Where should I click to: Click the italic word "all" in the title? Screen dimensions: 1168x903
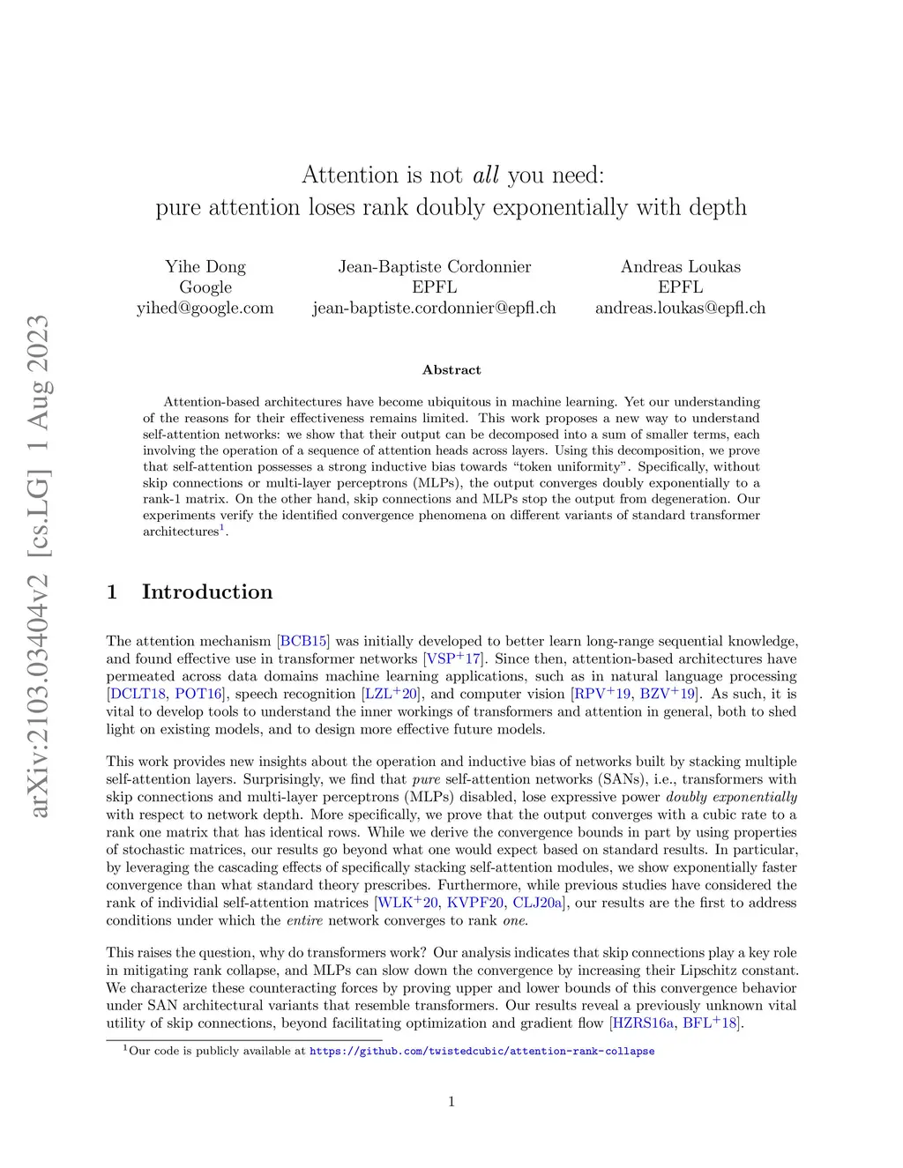tap(486, 175)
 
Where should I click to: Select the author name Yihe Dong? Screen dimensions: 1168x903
tap(205, 266)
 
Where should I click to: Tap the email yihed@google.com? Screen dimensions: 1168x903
tap(205, 308)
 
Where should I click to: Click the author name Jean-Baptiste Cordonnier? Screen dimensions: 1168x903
tap(435, 266)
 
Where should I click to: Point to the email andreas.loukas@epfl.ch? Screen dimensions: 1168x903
tap(680, 308)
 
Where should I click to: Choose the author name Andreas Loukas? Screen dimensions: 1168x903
tap(680, 266)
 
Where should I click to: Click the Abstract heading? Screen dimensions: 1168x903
tap(451, 370)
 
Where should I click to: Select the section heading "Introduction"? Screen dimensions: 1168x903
tap(207, 591)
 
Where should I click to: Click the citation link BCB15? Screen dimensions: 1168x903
tap(303, 641)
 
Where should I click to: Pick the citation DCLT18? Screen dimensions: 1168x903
tap(138, 694)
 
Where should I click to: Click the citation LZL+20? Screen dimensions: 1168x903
tap(391, 694)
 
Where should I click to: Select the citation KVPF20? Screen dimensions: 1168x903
tap(475, 903)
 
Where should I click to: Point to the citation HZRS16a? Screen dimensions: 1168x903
tap(644, 1023)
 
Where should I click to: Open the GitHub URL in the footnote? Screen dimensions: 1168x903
tap(481, 1051)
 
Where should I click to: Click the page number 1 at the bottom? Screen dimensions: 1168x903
tap(451, 1101)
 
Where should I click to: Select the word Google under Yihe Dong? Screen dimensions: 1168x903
tap(205, 286)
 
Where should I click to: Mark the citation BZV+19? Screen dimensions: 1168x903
tap(668, 694)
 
